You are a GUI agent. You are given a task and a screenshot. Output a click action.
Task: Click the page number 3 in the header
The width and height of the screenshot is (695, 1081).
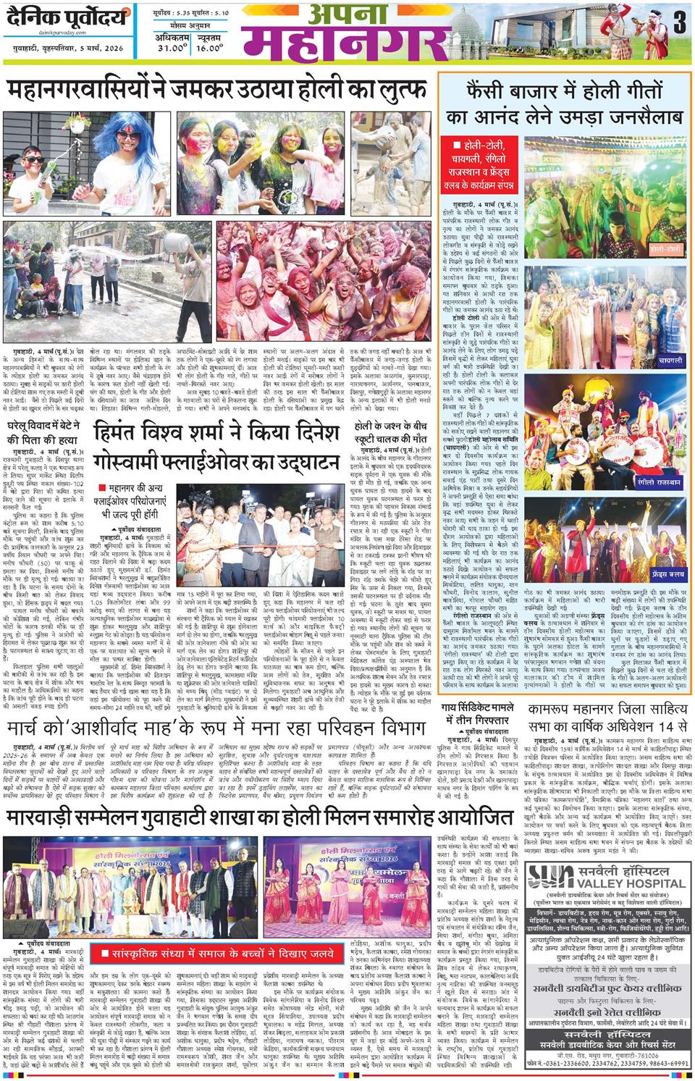point(678,22)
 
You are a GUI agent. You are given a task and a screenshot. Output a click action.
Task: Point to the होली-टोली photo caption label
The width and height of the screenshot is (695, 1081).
point(665,248)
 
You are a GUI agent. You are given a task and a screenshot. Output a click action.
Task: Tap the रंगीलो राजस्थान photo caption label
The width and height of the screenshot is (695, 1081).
point(660,481)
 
